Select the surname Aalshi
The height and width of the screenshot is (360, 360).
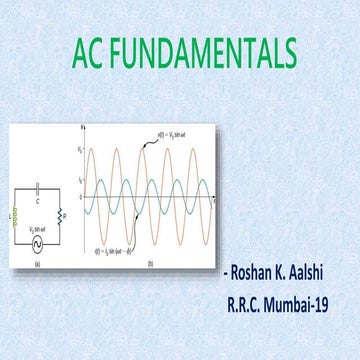pos(321,271)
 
